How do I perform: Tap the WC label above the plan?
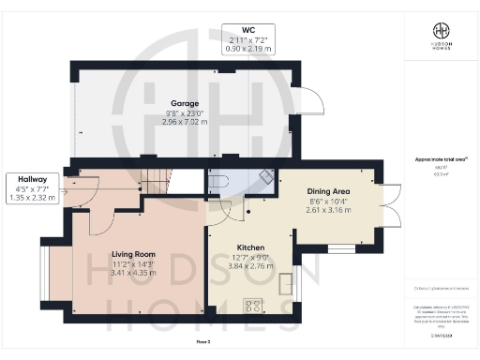[x=248, y=29]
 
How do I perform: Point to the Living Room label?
[x=133, y=254]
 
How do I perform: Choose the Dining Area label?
[x=331, y=187]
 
